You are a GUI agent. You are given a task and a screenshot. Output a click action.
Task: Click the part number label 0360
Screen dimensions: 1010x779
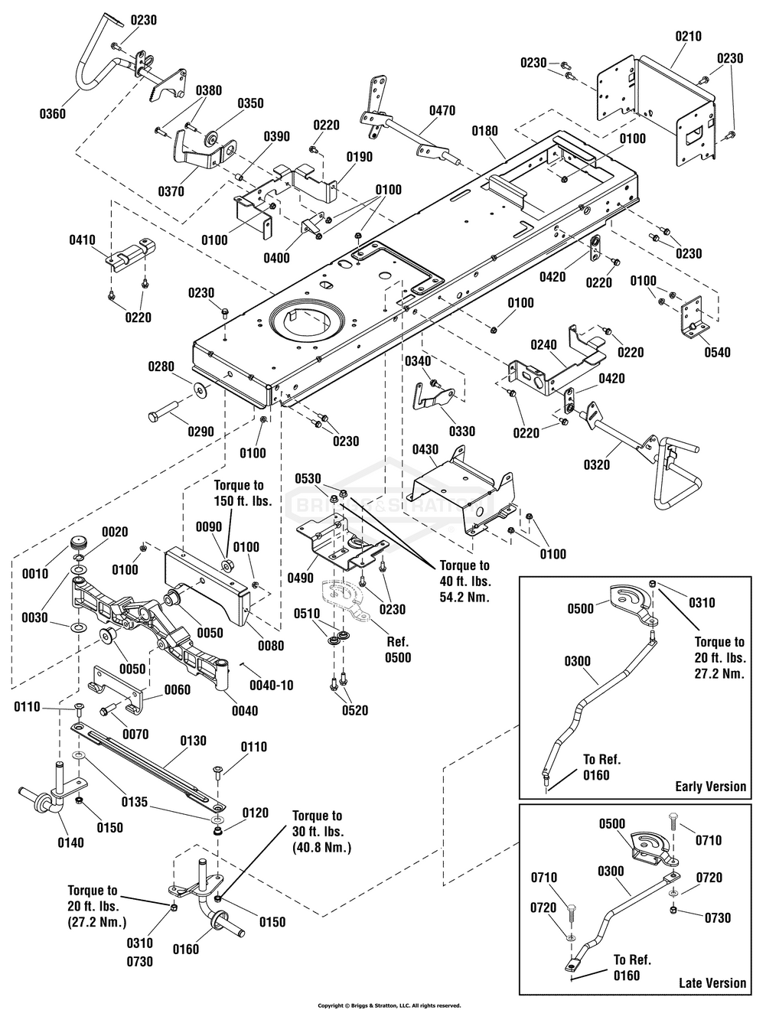53,114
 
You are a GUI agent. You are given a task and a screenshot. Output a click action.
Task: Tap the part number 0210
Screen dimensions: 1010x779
688,36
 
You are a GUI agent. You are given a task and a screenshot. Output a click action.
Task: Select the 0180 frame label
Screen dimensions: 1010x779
484,131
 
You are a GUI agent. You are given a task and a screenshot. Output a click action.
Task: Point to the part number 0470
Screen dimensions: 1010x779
442,111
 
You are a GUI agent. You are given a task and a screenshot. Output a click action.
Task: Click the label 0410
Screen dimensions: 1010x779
82,239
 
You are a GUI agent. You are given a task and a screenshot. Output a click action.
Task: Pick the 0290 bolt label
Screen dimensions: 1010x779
200,432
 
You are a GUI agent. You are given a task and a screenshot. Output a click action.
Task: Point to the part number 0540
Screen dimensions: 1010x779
717,353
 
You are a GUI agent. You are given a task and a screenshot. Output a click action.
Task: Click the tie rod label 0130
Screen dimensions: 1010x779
194,741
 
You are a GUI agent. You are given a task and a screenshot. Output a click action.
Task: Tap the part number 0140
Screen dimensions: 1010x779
70,842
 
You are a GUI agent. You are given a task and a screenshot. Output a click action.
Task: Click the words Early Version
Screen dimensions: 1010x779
710,786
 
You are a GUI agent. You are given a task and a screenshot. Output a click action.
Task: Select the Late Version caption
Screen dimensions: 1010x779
712,982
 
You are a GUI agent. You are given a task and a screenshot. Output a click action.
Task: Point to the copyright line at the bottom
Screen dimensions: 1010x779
389,1005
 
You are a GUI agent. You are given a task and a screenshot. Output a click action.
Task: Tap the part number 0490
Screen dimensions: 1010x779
302,578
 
